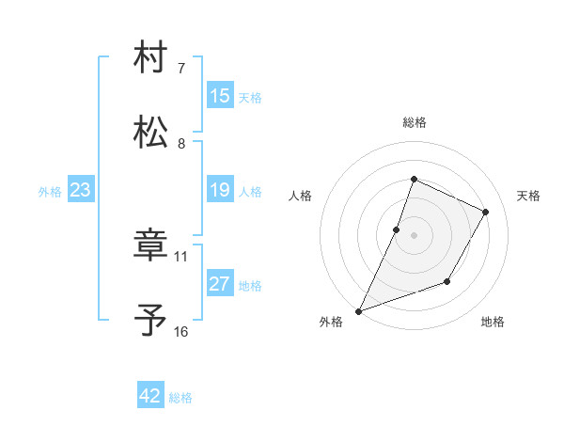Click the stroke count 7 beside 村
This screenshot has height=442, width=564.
coord(181,69)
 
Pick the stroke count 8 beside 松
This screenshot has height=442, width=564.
coord(181,143)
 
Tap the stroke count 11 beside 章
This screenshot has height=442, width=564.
coord(181,256)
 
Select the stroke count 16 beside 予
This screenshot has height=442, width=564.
coord(181,331)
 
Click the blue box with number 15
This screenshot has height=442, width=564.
coord(220,96)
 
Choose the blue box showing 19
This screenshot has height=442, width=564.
coord(220,190)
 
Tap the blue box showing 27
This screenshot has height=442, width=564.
coord(220,284)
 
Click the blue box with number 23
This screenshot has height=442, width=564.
coord(80,191)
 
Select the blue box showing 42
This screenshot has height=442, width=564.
coord(150,396)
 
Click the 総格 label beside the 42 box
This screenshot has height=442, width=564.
coord(180,398)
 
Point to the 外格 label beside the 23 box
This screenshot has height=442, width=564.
coord(50,192)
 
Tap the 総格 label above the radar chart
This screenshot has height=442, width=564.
coord(414,122)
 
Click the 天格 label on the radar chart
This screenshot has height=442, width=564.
coord(529,196)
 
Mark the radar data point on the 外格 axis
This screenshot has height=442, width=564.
coord(358,311)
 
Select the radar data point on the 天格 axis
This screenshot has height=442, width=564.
coord(486,212)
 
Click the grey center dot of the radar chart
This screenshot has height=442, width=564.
coord(414,235)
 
